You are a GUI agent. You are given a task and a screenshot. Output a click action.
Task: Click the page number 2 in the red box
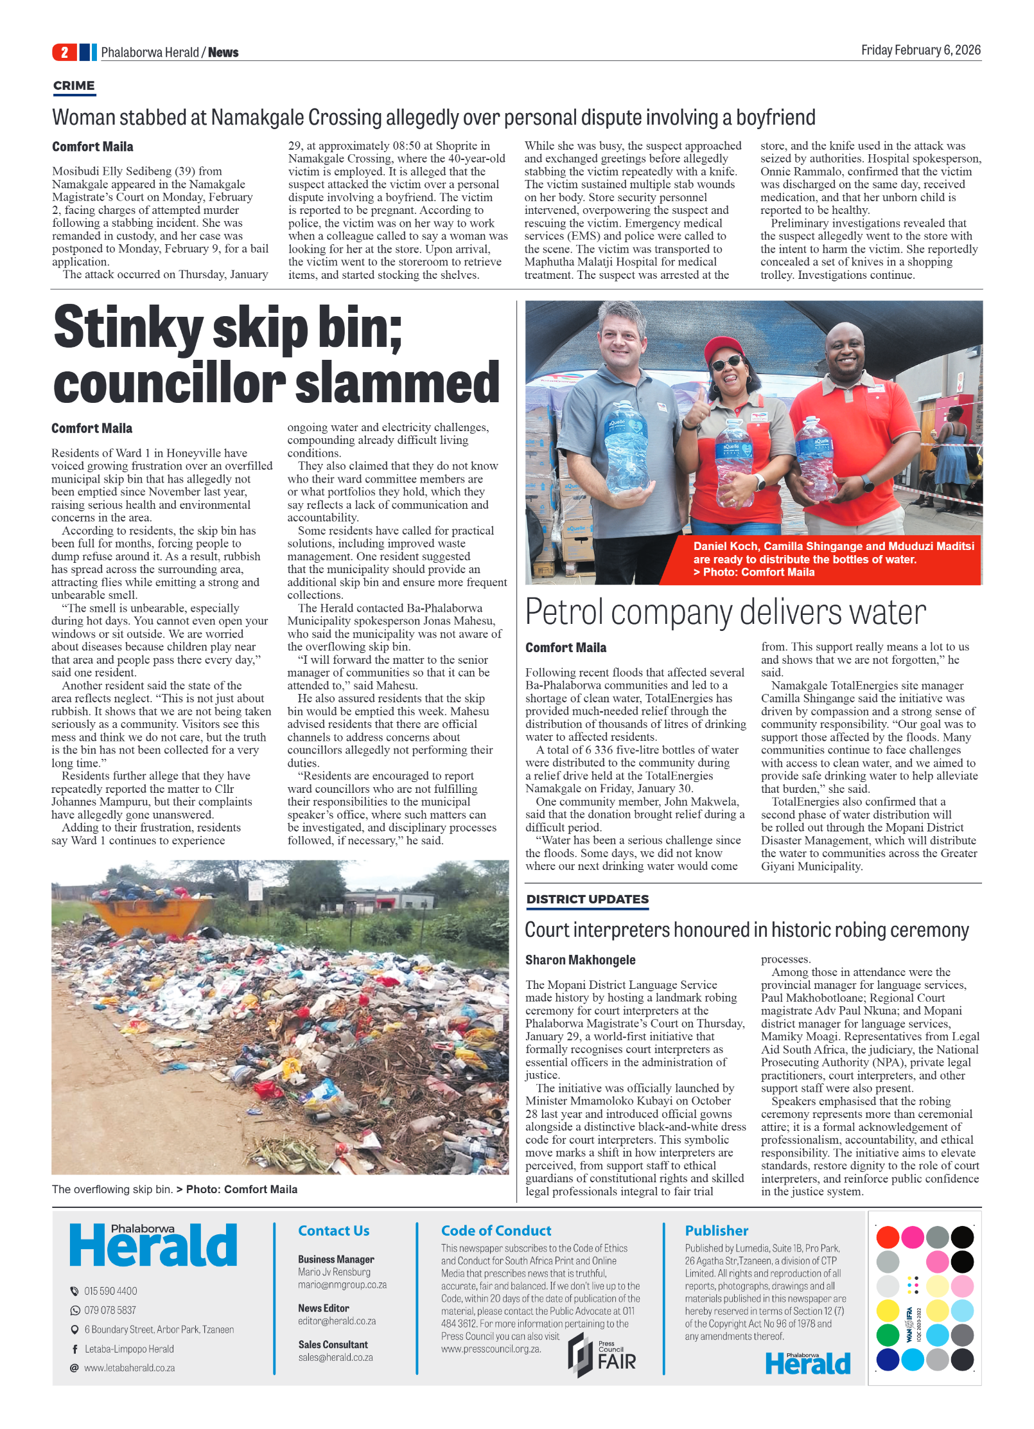(x=64, y=52)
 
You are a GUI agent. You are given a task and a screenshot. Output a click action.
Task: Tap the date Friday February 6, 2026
(x=920, y=50)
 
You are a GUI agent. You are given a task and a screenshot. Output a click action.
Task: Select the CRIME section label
(x=74, y=85)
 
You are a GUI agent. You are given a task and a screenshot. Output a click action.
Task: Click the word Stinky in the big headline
(x=128, y=328)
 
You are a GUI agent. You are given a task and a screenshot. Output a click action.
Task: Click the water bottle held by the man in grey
(x=626, y=454)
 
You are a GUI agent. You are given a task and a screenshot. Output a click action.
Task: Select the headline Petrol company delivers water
(x=725, y=612)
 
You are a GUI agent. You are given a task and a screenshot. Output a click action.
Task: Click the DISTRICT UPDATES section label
(x=587, y=899)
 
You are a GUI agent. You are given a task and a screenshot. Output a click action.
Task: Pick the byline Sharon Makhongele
(x=580, y=960)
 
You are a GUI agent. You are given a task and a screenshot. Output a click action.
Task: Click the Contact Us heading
(x=333, y=1230)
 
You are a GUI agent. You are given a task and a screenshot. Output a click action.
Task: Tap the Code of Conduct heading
(x=496, y=1230)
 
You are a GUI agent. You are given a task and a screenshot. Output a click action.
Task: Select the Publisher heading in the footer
(x=716, y=1230)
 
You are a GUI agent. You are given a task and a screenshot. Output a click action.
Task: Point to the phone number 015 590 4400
(x=110, y=1291)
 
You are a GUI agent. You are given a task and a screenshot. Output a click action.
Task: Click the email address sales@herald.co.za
(x=335, y=1358)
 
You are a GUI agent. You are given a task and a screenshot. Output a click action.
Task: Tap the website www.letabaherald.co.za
(x=129, y=1368)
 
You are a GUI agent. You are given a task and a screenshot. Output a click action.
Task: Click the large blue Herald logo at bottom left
(x=153, y=1247)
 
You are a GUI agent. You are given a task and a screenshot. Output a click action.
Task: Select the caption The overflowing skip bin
(x=112, y=1189)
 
